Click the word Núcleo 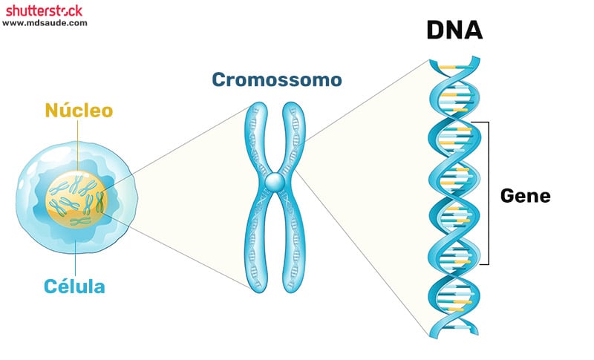pos(79,111)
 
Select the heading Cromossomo pos(276,79)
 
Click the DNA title pos(454,30)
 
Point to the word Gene pos(525,196)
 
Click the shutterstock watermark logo pos(44,10)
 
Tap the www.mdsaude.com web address pos(45,23)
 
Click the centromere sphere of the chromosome pos(275,180)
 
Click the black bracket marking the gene pos(488,193)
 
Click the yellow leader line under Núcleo pos(77,148)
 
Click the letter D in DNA pos(435,30)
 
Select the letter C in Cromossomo pos(218,79)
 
